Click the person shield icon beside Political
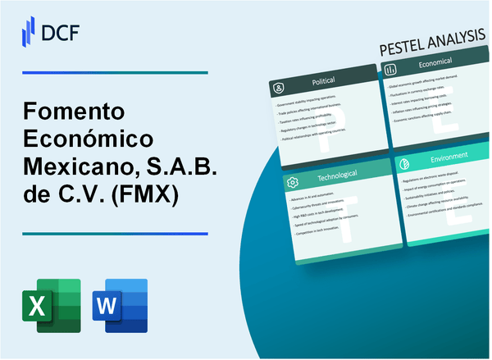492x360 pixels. tap(280, 86)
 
